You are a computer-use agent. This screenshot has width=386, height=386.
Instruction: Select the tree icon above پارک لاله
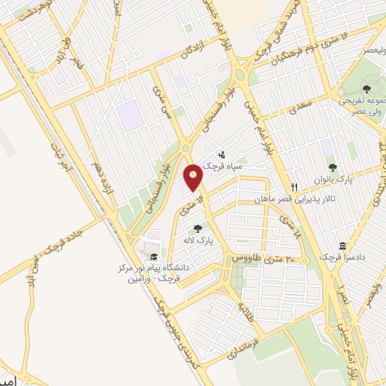tap(198, 228)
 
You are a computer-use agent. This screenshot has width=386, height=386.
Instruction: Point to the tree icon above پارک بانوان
tap(332, 167)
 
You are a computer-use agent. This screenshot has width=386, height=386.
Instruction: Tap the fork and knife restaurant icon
tap(296, 187)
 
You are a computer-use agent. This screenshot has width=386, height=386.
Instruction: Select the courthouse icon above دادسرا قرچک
tap(343, 247)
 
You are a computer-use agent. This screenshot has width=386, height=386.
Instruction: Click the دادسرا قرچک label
tap(343, 258)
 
